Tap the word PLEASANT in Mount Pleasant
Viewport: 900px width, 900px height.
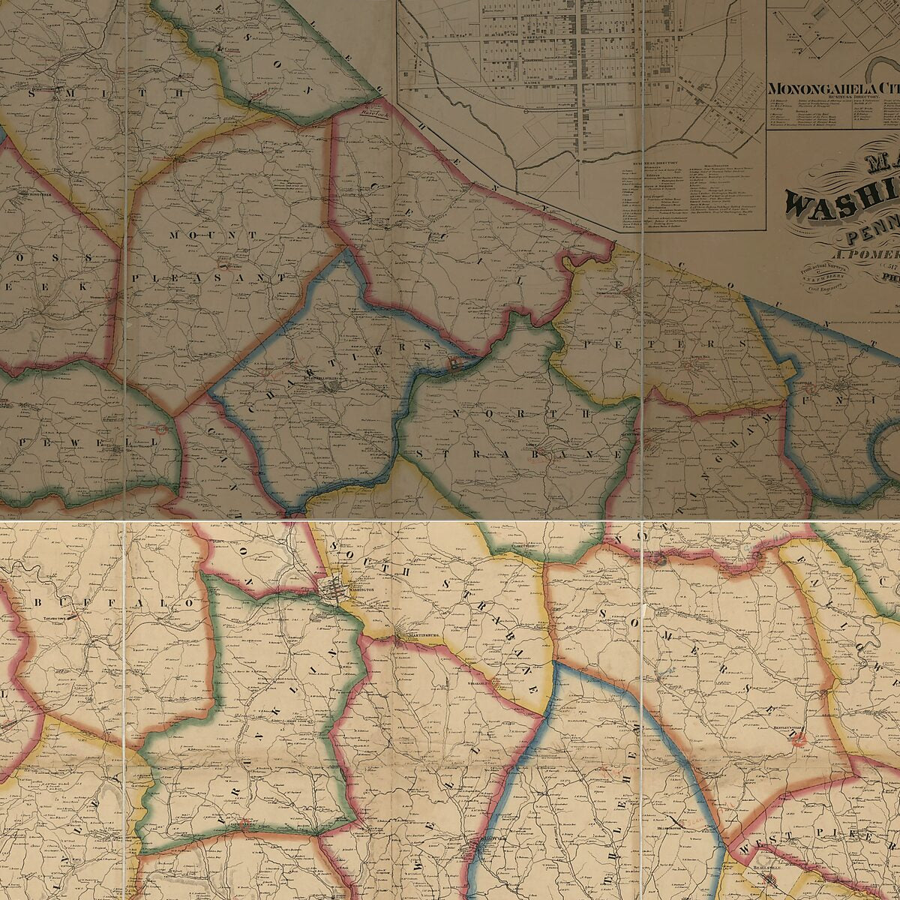pos(210,277)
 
